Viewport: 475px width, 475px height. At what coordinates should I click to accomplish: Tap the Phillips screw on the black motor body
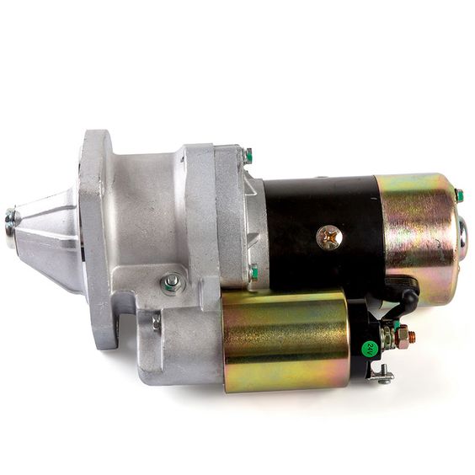tap(329, 237)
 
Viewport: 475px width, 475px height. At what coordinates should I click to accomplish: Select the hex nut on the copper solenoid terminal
tap(402, 334)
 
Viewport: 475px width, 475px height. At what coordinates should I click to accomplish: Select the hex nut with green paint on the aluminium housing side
tap(171, 284)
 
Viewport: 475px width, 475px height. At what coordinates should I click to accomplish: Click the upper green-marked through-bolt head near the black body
tap(248, 156)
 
